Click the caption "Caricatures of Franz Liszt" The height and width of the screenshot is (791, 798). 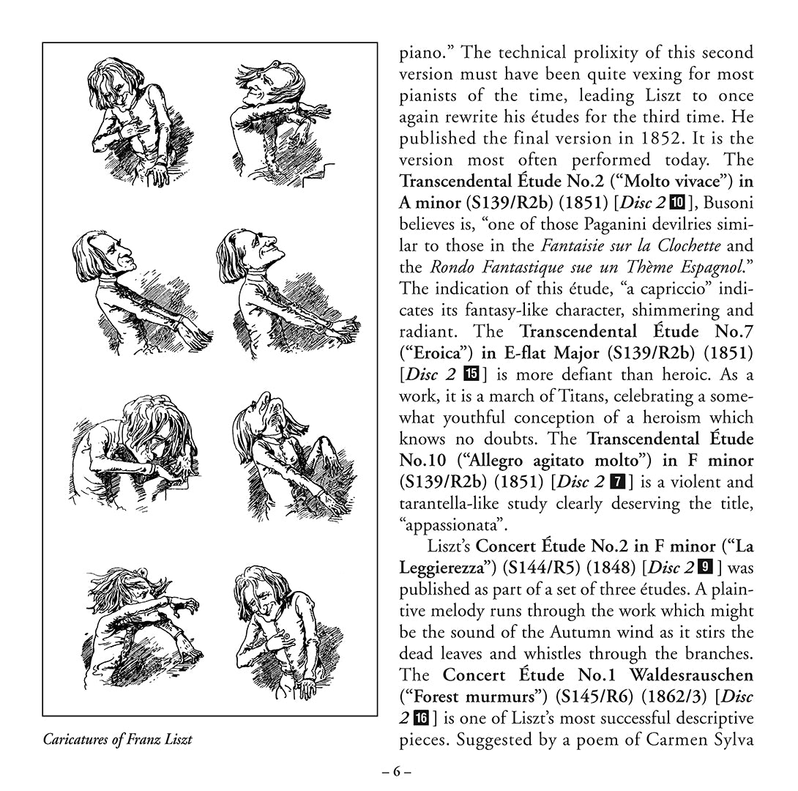118,739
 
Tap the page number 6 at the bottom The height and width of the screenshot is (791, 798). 398,772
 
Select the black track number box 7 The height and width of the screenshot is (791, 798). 617,482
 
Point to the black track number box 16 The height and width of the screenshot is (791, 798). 421,718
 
